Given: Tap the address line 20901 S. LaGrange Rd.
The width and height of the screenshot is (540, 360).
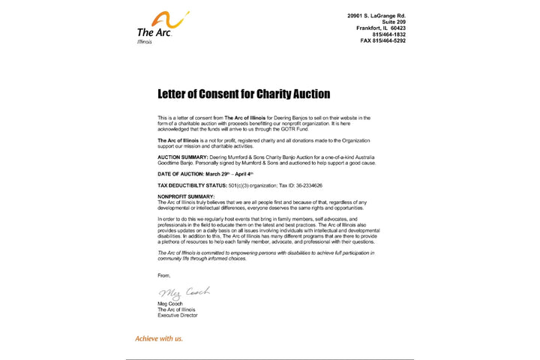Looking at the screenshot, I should (376, 15).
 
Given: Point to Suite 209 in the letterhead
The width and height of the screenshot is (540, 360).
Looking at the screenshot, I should (393, 22).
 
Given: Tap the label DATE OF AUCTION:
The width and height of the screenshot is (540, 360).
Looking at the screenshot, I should (178, 174).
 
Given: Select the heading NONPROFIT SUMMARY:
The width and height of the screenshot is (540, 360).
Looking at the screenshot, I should (180, 196).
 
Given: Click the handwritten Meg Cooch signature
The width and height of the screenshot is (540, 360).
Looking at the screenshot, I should (183, 292).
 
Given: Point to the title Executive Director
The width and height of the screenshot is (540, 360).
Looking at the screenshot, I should (177, 316).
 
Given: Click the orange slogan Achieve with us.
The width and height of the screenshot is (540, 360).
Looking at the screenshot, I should (158, 338).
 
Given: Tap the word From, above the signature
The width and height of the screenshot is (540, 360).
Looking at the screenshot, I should (163, 275).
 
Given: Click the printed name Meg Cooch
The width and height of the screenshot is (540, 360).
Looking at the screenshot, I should (171, 304).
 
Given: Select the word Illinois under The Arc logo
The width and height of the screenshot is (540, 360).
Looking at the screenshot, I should (144, 41).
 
